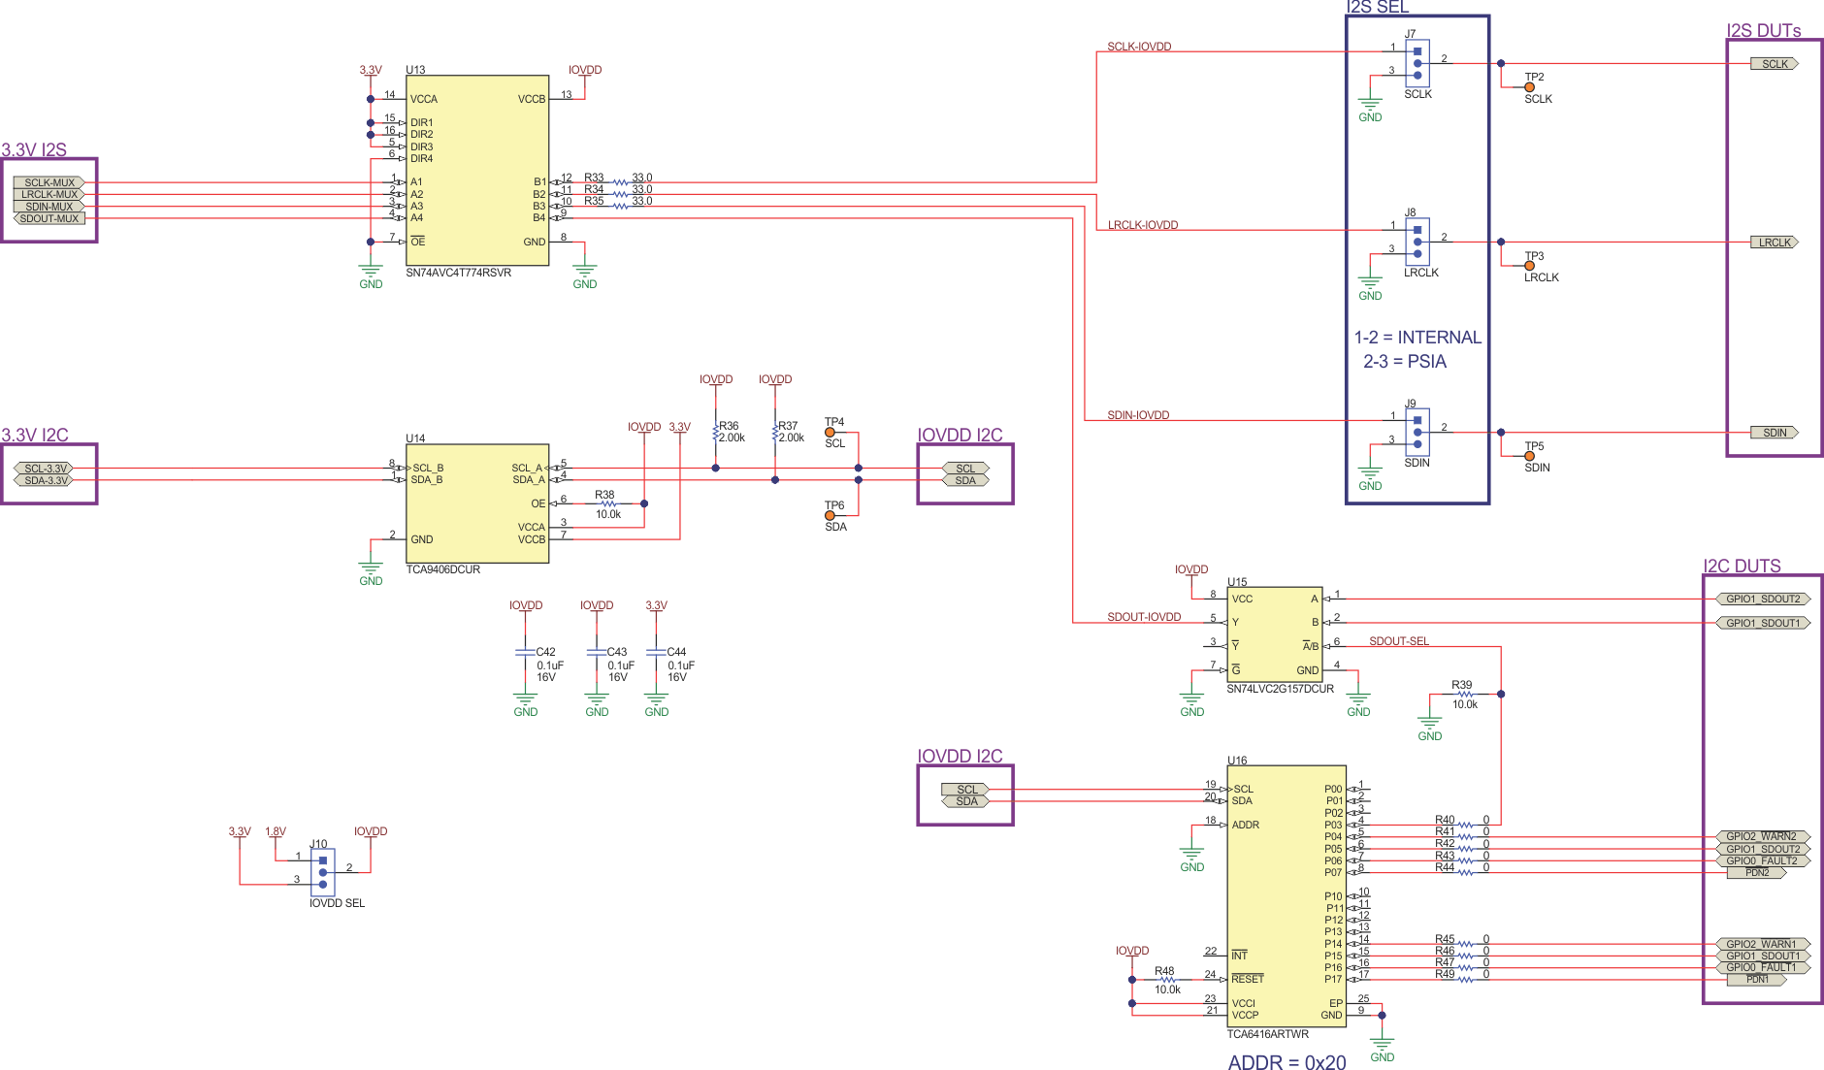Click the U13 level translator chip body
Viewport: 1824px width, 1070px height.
(x=476, y=170)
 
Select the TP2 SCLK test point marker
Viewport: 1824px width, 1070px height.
(x=1530, y=87)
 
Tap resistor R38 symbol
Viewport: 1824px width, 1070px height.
(x=607, y=503)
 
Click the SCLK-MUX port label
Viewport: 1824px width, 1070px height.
(x=49, y=182)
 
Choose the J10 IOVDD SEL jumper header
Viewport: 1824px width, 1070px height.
(x=323, y=872)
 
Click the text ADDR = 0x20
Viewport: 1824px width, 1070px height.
(x=1287, y=1062)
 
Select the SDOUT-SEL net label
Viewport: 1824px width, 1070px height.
(x=1398, y=641)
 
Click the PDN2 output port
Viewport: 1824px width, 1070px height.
(x=1757, y=873)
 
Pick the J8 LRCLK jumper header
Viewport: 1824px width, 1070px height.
(x=1417, y=242)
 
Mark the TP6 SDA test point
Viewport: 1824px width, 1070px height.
(x=830, y=516)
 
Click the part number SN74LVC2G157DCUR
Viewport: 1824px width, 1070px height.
(x=1280, y=689)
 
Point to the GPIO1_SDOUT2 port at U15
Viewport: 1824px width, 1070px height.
(x=1762, y=599)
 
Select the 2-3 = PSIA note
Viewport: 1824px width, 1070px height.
(x=1404, y=362)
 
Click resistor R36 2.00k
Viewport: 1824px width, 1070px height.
(x=716, y=434)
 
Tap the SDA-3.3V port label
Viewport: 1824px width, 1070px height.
(x=47, y=480)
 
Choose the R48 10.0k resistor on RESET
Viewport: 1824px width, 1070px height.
(x=1167, y=980)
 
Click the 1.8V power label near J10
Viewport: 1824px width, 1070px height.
(x=276, y=831)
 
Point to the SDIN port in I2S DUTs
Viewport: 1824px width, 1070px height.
(x=1774, y=433)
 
